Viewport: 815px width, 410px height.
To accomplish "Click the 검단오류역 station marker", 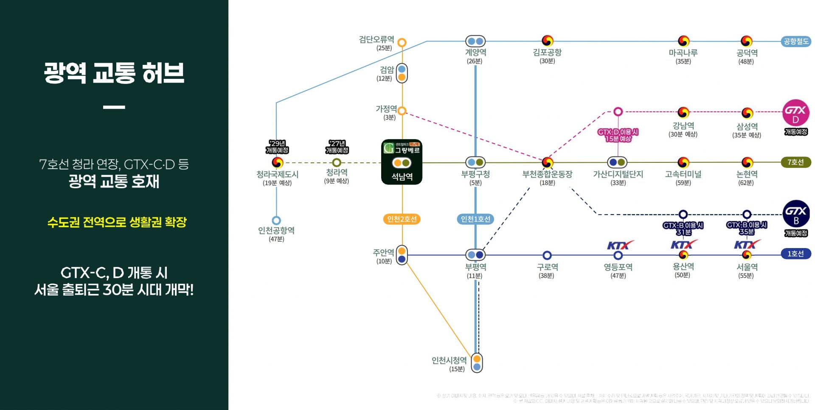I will [x=402, y=42].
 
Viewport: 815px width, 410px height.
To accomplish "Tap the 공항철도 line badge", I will [x=796, y=42].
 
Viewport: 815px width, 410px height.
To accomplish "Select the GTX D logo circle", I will [x=795, y=113].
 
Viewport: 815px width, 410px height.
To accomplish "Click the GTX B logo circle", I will [x=796, y=214].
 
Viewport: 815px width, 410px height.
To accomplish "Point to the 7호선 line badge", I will [x=795, y=162].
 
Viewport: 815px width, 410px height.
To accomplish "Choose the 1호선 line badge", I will [x=795, y=254].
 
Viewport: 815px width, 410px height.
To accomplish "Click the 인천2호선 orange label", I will [x=402, y=219].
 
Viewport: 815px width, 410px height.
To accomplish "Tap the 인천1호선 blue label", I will [x=475, y=219].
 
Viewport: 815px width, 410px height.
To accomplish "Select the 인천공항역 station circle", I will [x=276, y=220].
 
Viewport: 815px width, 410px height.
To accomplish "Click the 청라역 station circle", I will [x=337, y=162].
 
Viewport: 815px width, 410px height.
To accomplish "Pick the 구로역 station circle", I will [x=547, y=255].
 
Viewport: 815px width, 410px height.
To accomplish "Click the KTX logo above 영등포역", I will [x=619, y=245].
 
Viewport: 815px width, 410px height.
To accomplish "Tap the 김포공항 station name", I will [x=547, y=53].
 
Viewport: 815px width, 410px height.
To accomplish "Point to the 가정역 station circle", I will [x=402, y=111].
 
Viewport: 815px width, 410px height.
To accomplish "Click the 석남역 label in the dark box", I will [x=402, y=176].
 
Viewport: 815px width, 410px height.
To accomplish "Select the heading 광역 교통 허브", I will [x=114, y=73].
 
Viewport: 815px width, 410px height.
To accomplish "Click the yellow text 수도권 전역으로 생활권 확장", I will [x=117, y=222].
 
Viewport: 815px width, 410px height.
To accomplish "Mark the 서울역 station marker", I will [x=747, y=255].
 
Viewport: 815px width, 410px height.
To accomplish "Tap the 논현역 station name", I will [x=747, y=174].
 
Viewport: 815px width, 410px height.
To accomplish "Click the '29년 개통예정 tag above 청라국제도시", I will [x=277, y=147].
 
